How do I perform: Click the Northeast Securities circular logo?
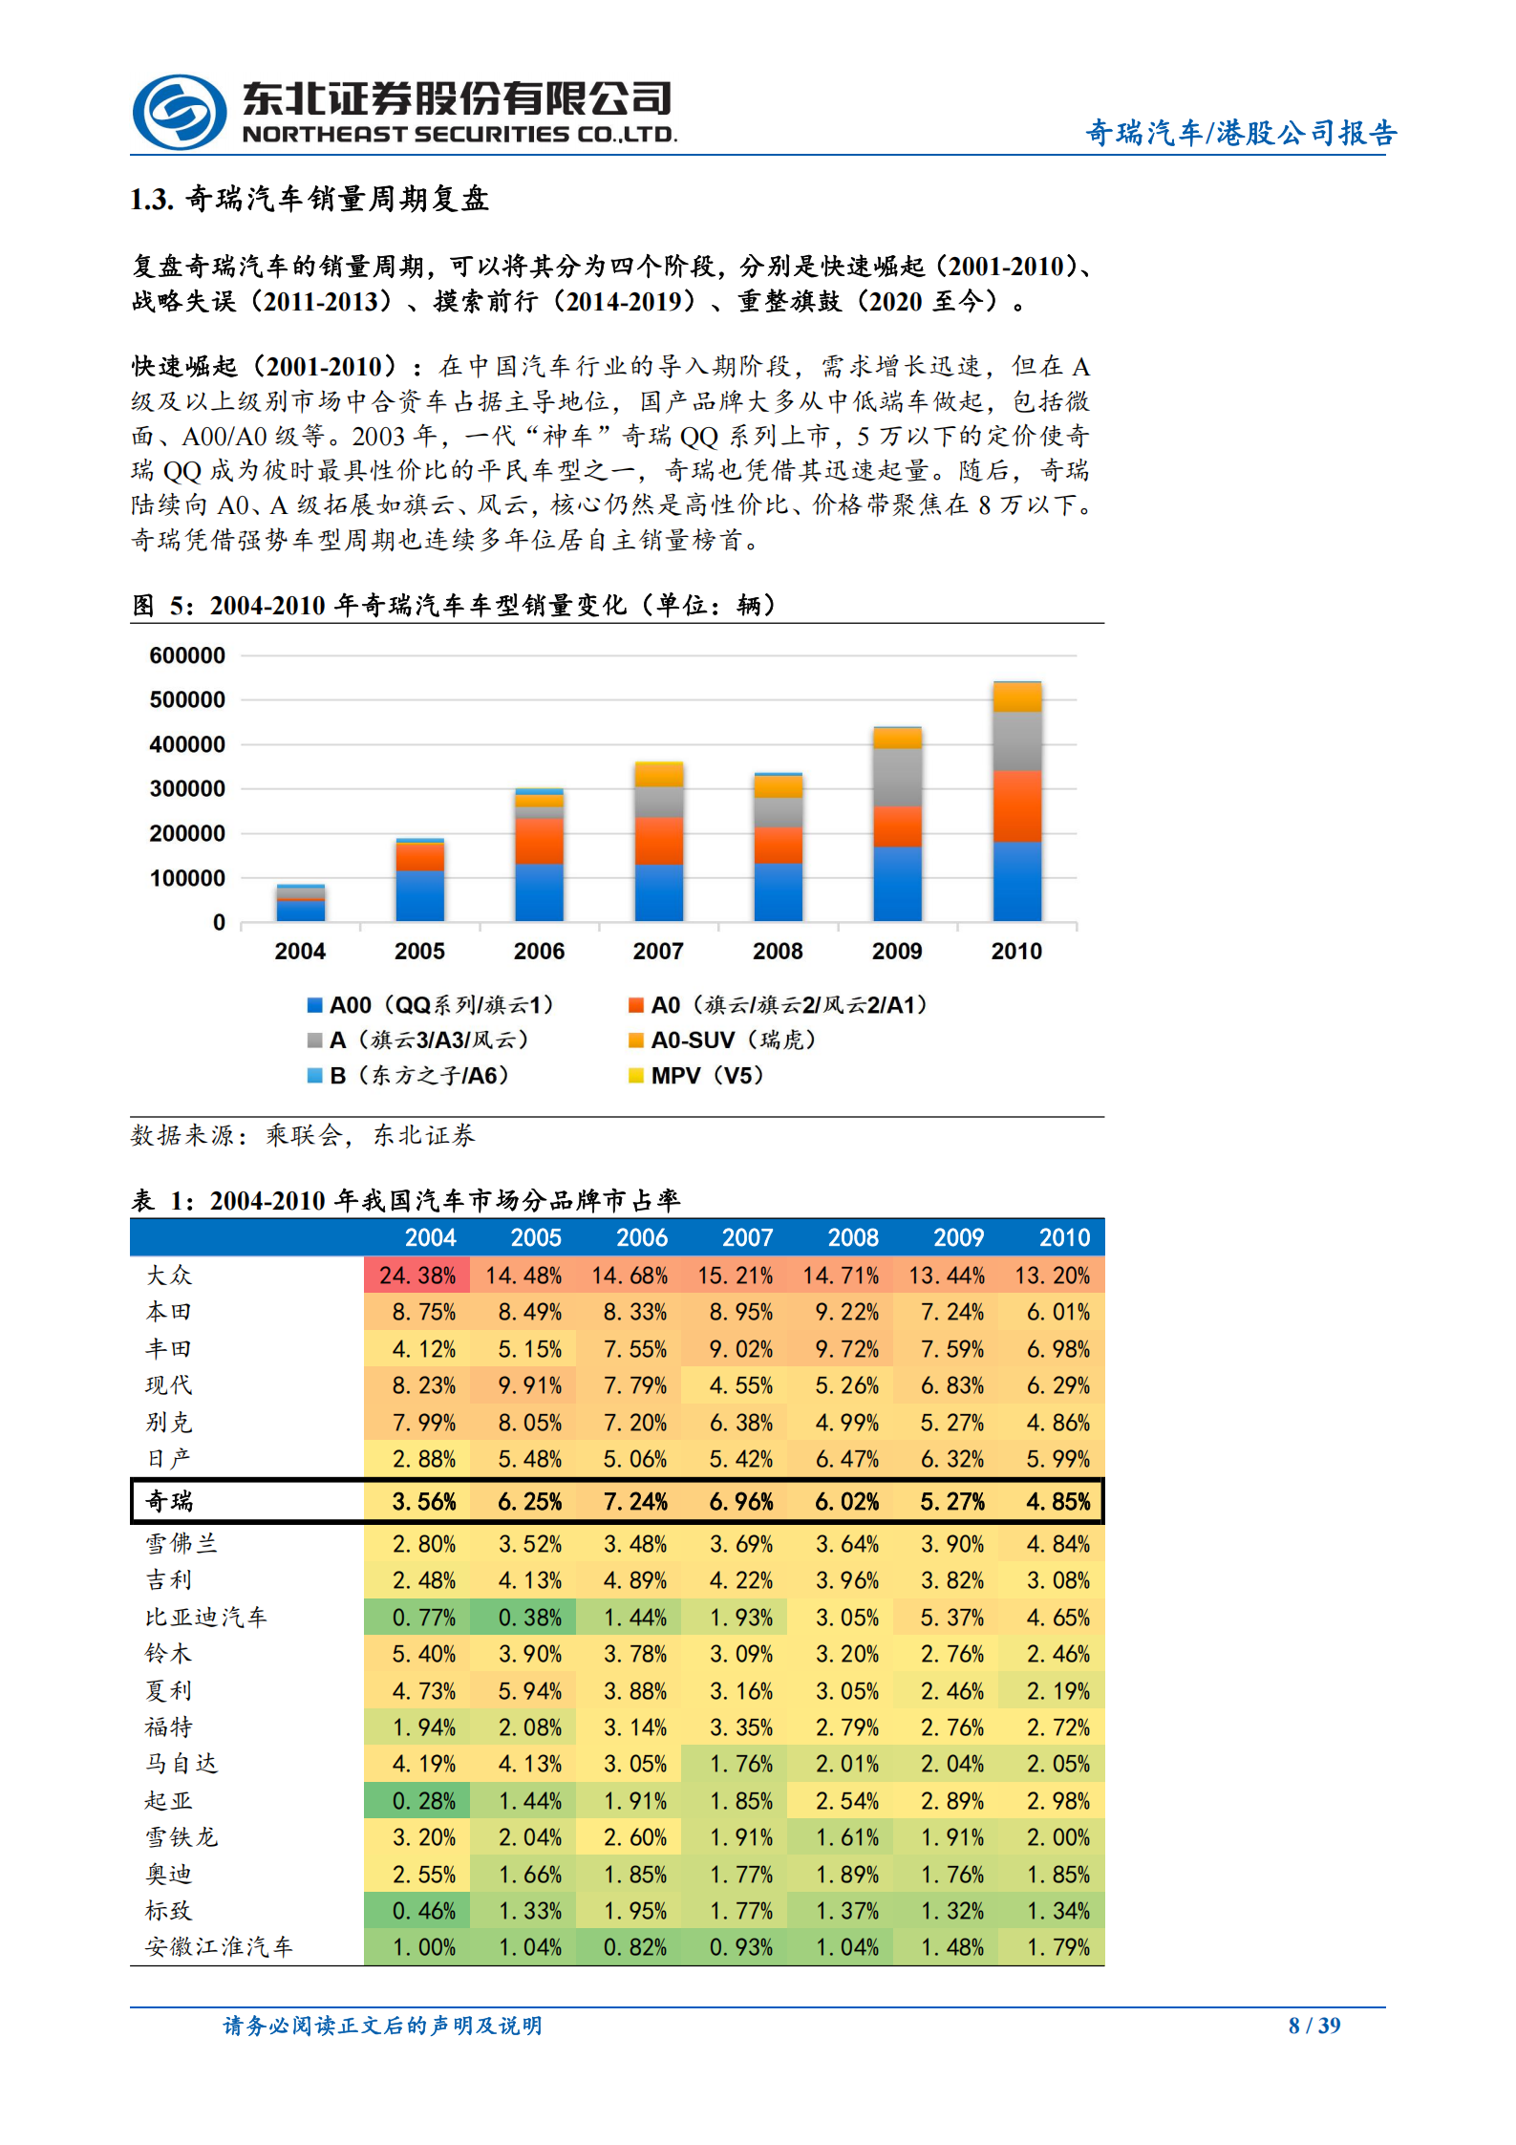click(180, 112)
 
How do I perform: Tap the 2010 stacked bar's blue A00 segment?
click(1016, 881)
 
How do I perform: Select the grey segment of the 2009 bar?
click(897, 777)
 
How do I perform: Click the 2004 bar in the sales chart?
click(300, 903)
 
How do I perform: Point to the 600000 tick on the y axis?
click(187, 655)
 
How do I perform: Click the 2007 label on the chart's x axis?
click(658, 951)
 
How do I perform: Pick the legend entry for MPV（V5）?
click(696, 1076)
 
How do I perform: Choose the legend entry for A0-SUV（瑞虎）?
click(722, 1040)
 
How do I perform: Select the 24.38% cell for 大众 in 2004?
click(416, 1276)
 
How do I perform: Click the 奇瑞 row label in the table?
click(169, 1501)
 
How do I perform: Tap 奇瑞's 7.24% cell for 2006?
click(635, 1502)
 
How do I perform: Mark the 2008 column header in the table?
click(852, 1237)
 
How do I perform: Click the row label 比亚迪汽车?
click(205, 1618)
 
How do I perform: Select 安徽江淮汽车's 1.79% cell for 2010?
click(1057, 1947)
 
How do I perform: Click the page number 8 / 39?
click(1314, 2026)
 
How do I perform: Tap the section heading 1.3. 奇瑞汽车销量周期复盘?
click(310, 199)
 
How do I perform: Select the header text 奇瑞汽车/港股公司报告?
click(1241, 133)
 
